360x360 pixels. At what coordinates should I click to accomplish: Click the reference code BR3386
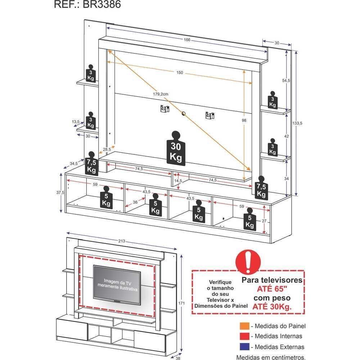tap(87, 4)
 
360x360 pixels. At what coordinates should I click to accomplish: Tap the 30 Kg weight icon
tap(175, 149)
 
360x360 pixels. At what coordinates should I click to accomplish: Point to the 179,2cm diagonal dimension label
tap(160, 94)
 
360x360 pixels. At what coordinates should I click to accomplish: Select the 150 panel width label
tap(180, 73)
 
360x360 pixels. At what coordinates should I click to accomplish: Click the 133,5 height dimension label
tap(297, 123)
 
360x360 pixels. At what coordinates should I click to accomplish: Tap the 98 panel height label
tap(244, 121)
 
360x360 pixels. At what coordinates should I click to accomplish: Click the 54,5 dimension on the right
tap(286, 81)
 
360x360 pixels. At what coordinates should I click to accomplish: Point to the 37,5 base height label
tap(60, 193)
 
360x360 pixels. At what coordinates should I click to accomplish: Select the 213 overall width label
tap(122, 241)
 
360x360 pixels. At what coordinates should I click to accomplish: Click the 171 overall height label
tap(181, 303)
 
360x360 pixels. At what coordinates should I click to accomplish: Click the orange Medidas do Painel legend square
tap(244, 326)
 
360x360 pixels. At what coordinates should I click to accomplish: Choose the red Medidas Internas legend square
tap(244, 337)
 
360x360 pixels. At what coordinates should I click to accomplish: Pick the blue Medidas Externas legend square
tap(244, 347)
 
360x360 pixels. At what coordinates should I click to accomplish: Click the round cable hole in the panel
tap(184, 114)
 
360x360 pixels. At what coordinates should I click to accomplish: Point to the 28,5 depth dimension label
tap(107, 149)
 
